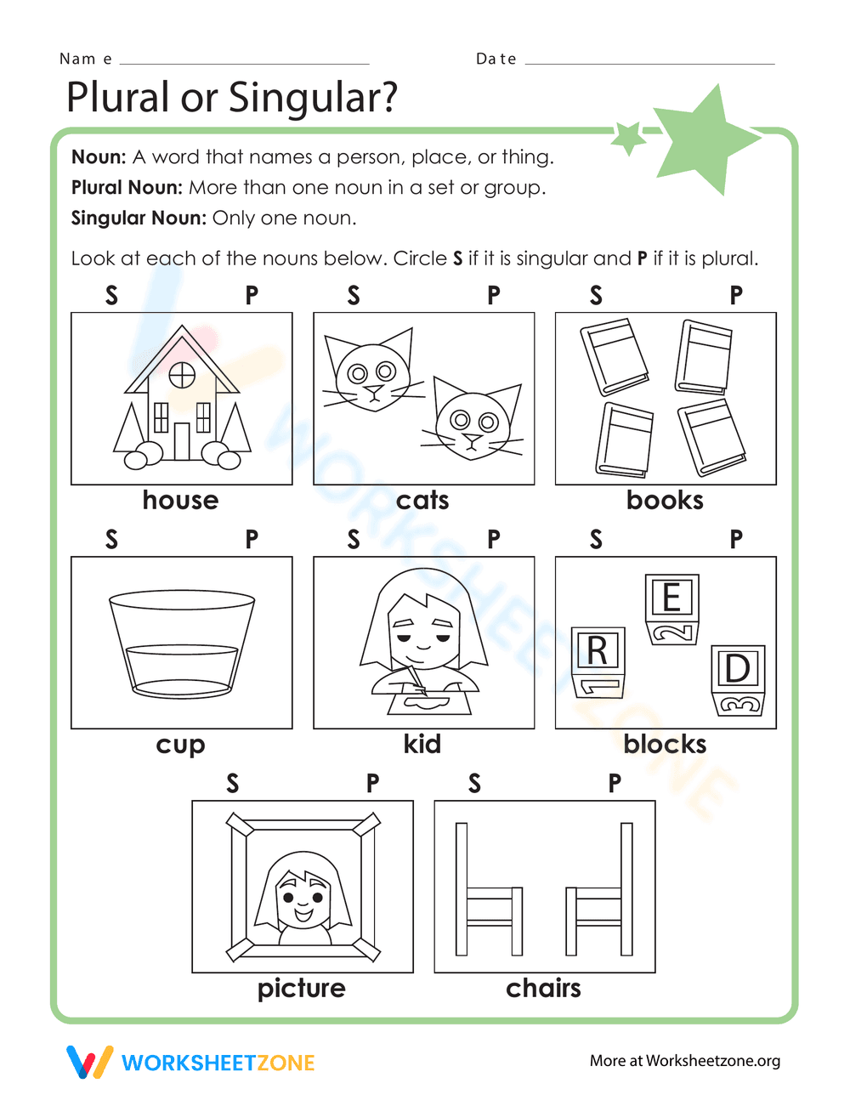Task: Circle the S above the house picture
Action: click(111, 295)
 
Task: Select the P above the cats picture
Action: click(494, 295)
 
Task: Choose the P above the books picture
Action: click(736, 295)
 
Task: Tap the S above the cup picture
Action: click(111, 539)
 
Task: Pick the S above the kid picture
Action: click(354, 539)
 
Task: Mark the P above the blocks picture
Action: click(736, 539)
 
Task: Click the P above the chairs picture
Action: click(615, 783)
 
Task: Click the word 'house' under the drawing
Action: click(180, 500)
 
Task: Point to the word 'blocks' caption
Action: click(665, 744)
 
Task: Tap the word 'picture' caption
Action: click(302, 988)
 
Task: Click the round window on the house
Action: click(182, 375)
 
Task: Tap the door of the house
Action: click(182, 440)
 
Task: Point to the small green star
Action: click(629, 136)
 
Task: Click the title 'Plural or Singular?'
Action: click(232, 97)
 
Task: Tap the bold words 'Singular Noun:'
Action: click(139, 218)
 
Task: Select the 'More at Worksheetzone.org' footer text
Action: click(685, 1060)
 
